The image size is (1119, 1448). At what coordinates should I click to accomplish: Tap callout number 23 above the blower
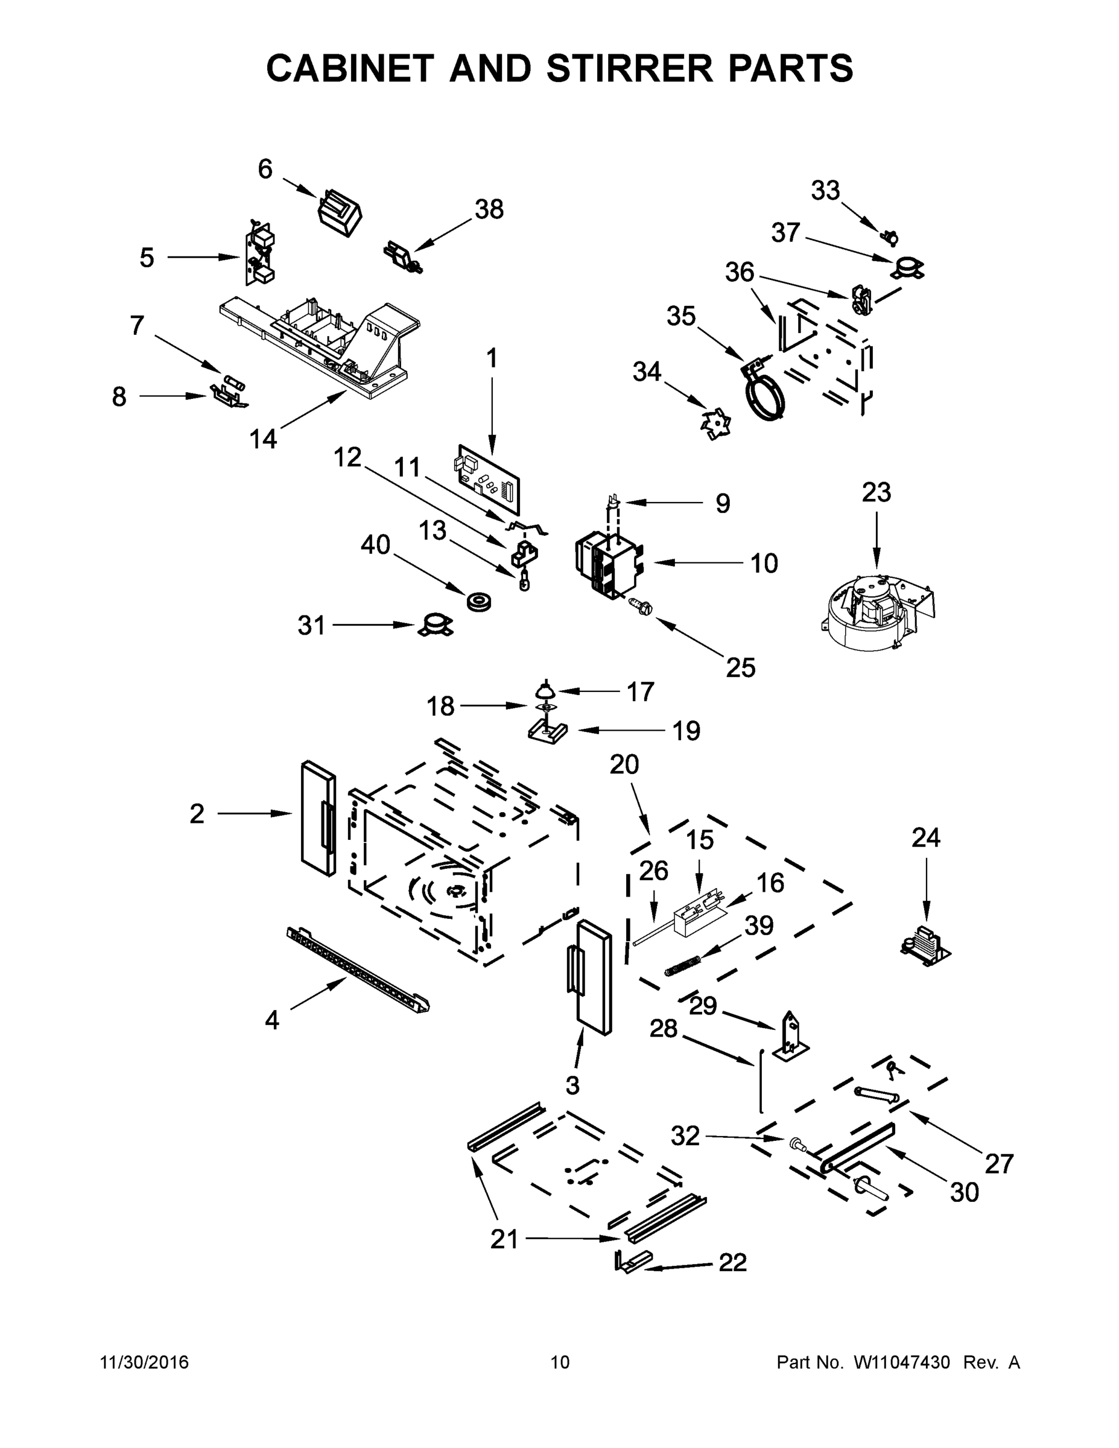point(876,492)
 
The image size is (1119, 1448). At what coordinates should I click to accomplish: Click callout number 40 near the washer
point(375,545)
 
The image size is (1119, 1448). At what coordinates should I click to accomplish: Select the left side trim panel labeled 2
point(317,819)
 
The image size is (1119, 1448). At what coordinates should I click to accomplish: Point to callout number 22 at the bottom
point(732,1263)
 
